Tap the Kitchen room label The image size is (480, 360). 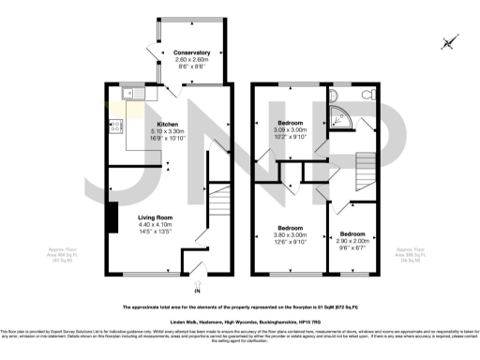coord(168,124)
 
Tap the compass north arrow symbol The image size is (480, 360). coord(449,41)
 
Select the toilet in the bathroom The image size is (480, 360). coord(367,97)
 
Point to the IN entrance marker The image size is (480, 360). coord(197,292)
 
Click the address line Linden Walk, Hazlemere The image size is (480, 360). coord(239,321)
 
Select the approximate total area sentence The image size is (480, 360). coord(239,307)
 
